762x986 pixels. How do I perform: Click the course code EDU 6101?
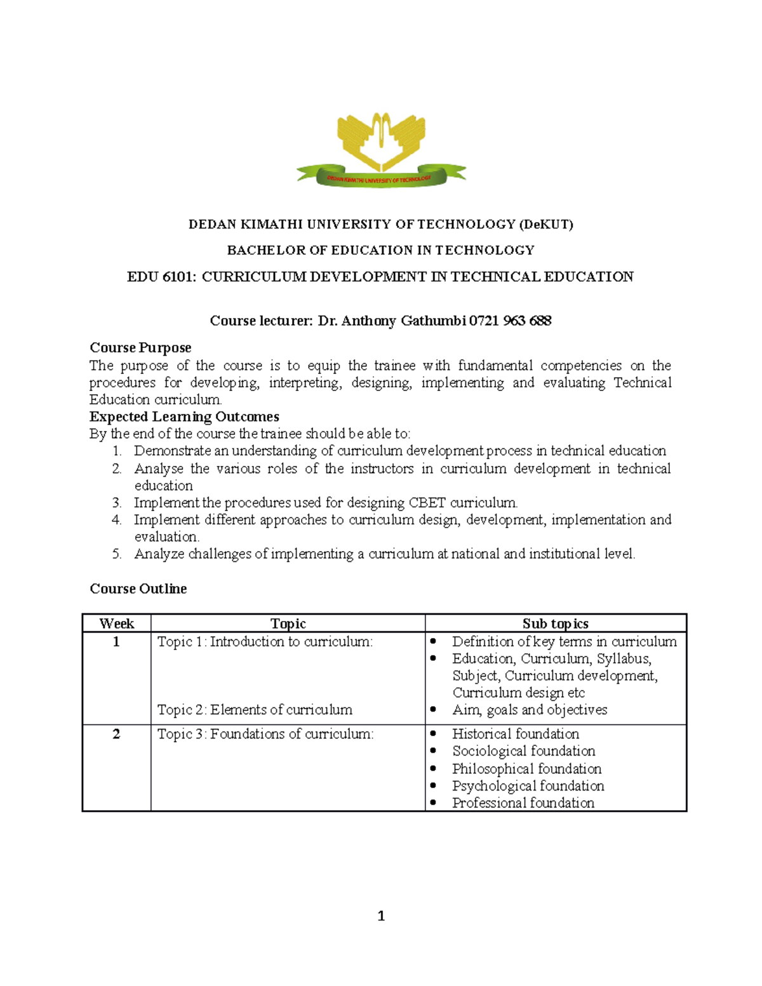pyautogui.click(x=161, y=277)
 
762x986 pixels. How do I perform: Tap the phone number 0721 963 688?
pyautogui.click(x=510, y=321)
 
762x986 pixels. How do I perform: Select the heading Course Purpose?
pyautogui.click(x=140, y=348)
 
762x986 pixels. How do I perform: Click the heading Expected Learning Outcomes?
pyautogui.click(x=184, y=417)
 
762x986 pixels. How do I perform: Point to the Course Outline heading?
pyautogui.click(x=138, y=589)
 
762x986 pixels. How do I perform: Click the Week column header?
pyautogui.click(x=117, y=623)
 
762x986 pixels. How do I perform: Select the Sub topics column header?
pyautogui.click(x=555, y=623)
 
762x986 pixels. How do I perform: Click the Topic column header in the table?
pyautogui.click(x=288, y=623)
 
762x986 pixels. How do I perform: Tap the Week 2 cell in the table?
pyautogui.click(x=116, y=735)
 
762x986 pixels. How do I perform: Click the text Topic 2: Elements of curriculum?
pyautogui.click(x=255, y=710)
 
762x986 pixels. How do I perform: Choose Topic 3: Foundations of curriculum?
pyautogui.click(x=265, y=735)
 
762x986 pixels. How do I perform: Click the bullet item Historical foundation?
pyautogui.click(x=515, y=735)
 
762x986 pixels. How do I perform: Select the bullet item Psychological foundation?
pyautogui.click(x=528, y=786)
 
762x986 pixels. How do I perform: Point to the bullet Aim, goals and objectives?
pyautogui.click(x=530, y=710)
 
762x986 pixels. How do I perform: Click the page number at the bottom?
pyautogui.click(x=381, y=916)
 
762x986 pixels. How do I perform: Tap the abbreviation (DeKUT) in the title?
pyautogui.click(x=546, y=225)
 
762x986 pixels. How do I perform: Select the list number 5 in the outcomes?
pyautogui.click(x=117, y=554)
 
